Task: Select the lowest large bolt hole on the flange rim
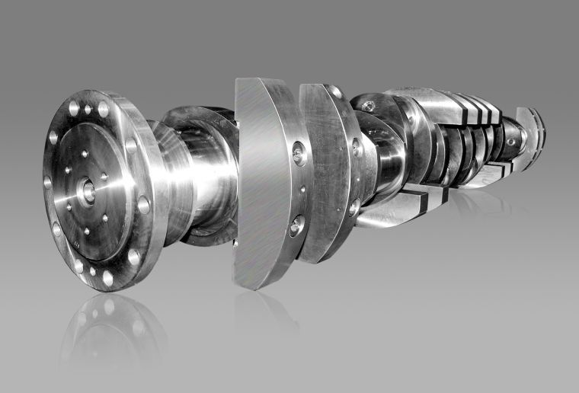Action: [107, 279]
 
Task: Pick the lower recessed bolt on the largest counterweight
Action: [296, 225]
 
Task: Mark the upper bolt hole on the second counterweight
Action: [357, 148]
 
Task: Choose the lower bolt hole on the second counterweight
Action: [354, 204]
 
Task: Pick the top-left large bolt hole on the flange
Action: [74, 109]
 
